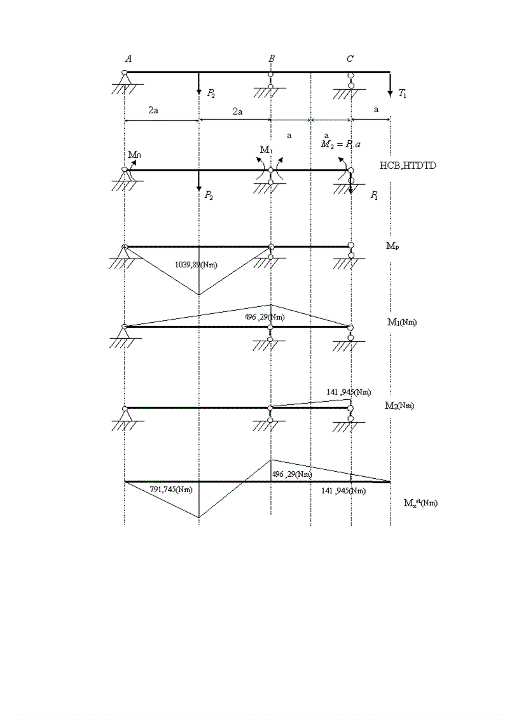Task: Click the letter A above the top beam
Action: pos(128,59)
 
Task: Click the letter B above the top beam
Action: pos(272,59)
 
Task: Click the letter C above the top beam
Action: pos(350,59)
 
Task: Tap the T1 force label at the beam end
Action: pos(403,94)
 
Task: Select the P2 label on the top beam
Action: pos(211,94)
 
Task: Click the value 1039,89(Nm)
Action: pos(195,264)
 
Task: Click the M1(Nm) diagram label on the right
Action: pos(403,322)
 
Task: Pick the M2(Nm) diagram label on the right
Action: pos(399,405)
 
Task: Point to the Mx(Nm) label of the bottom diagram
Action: pos(420,503)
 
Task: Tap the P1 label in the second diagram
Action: pos(375,195)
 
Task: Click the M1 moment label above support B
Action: pos(266,150)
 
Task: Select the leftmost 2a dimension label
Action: pos(153,110)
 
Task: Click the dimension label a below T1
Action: pos(376,110)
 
